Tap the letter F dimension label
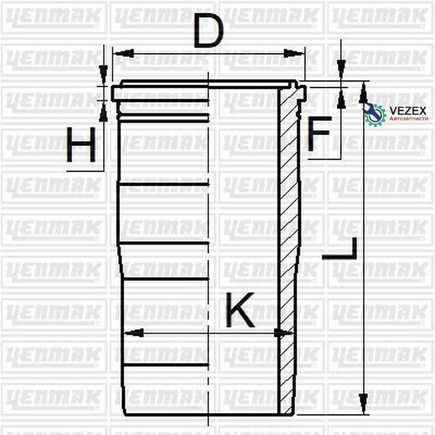(x=319, y=133)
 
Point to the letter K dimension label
(x=240, y=310)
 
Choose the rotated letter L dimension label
(x=339, y=248)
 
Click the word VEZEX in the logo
(x=408, y=111)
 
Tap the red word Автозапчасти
(x=408, y=119)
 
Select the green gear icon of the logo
(x=375, y=114)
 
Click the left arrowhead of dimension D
(x=124, y=53)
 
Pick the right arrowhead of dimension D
(x=293, y=53)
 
